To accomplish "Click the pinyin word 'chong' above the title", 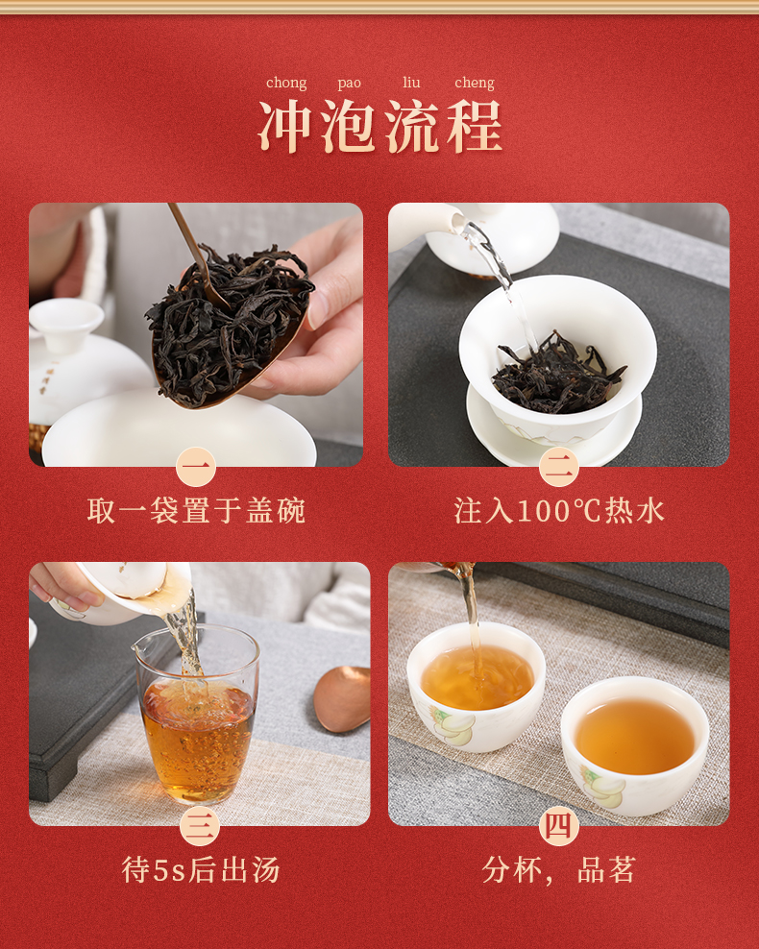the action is [x=286, y=83].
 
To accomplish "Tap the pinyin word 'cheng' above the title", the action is [x=475, y=83].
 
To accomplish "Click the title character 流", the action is [x=411, y=127].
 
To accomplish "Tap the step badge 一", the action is [x=196, y=467].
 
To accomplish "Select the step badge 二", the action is [x=558, y=467].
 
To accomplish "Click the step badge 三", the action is [x=200, y=825].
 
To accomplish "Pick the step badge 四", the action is [x=558, y=825].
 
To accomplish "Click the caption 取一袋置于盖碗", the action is [x=196, y=511].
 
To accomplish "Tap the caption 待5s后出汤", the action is [x=201, y=870].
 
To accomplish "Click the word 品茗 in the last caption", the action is [x=606, y=870].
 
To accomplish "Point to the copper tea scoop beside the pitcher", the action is [x=343, y=698].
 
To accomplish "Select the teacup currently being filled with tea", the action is [x=476, y=687].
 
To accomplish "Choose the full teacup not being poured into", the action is [x=634, y=745].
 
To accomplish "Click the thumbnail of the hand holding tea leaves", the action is [x=196, y=334].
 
